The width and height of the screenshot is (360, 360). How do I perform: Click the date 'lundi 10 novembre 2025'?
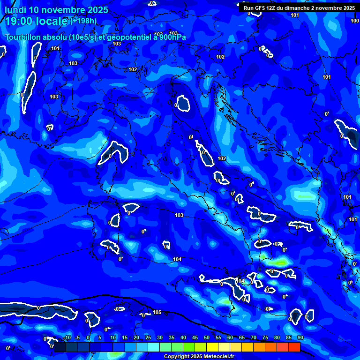[x=56, y=10]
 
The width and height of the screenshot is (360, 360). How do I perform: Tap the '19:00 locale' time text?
[x=37, y=21]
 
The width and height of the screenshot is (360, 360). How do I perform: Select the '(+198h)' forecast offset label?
[x=83, y=21]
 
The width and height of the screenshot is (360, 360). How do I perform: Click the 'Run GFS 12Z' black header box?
[x=299, y=8]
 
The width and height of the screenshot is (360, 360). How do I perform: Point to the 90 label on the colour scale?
[x=300, y=337]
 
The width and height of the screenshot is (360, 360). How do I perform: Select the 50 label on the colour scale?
[x=207, y=337]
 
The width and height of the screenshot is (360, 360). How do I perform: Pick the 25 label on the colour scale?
[x=148, y=337]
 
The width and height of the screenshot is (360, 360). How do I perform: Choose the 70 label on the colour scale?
[x=254, y=337]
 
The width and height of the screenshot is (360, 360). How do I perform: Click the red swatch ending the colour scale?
[x=294, y=347]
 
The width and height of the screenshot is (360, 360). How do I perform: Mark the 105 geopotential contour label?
[x=157, y=312]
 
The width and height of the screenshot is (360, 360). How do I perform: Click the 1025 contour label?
[x=353, y=219]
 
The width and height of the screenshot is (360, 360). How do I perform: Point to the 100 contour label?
[x=355, y=21]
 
